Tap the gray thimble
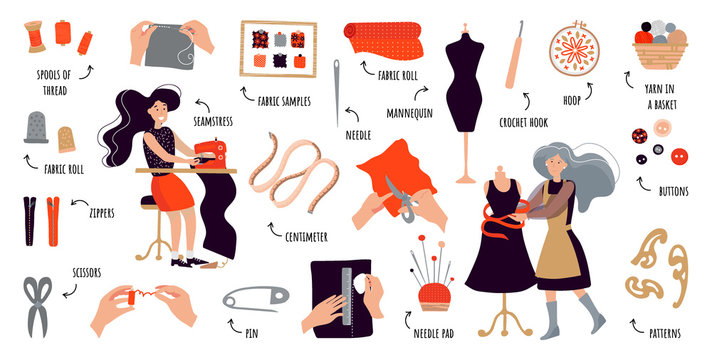(37, 128)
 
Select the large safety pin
(255, 297)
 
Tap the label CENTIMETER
(305, 237)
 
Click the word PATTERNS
(660, 326)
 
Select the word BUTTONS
(675, 190)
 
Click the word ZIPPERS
(99, 213)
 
